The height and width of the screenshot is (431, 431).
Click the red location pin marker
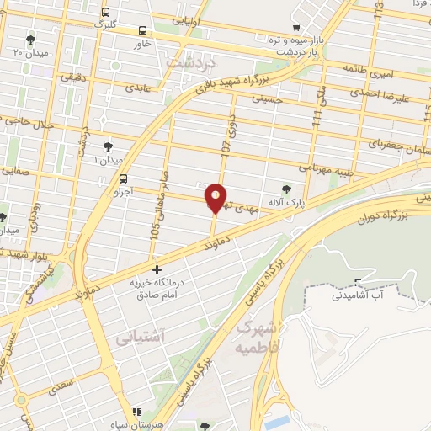[x=215, y=197]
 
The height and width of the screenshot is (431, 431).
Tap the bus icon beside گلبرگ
[x=105, y=13]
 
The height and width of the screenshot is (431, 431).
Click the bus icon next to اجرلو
[x=124, y=178]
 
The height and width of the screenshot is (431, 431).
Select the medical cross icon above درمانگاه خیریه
[x=156, y=270]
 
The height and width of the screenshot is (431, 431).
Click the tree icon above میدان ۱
[x=108, y=146]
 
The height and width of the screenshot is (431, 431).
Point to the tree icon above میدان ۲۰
[x=31, y=40]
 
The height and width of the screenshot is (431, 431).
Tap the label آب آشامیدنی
[x=359, y=295]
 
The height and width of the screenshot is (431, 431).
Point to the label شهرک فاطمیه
[x=257, y=334]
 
